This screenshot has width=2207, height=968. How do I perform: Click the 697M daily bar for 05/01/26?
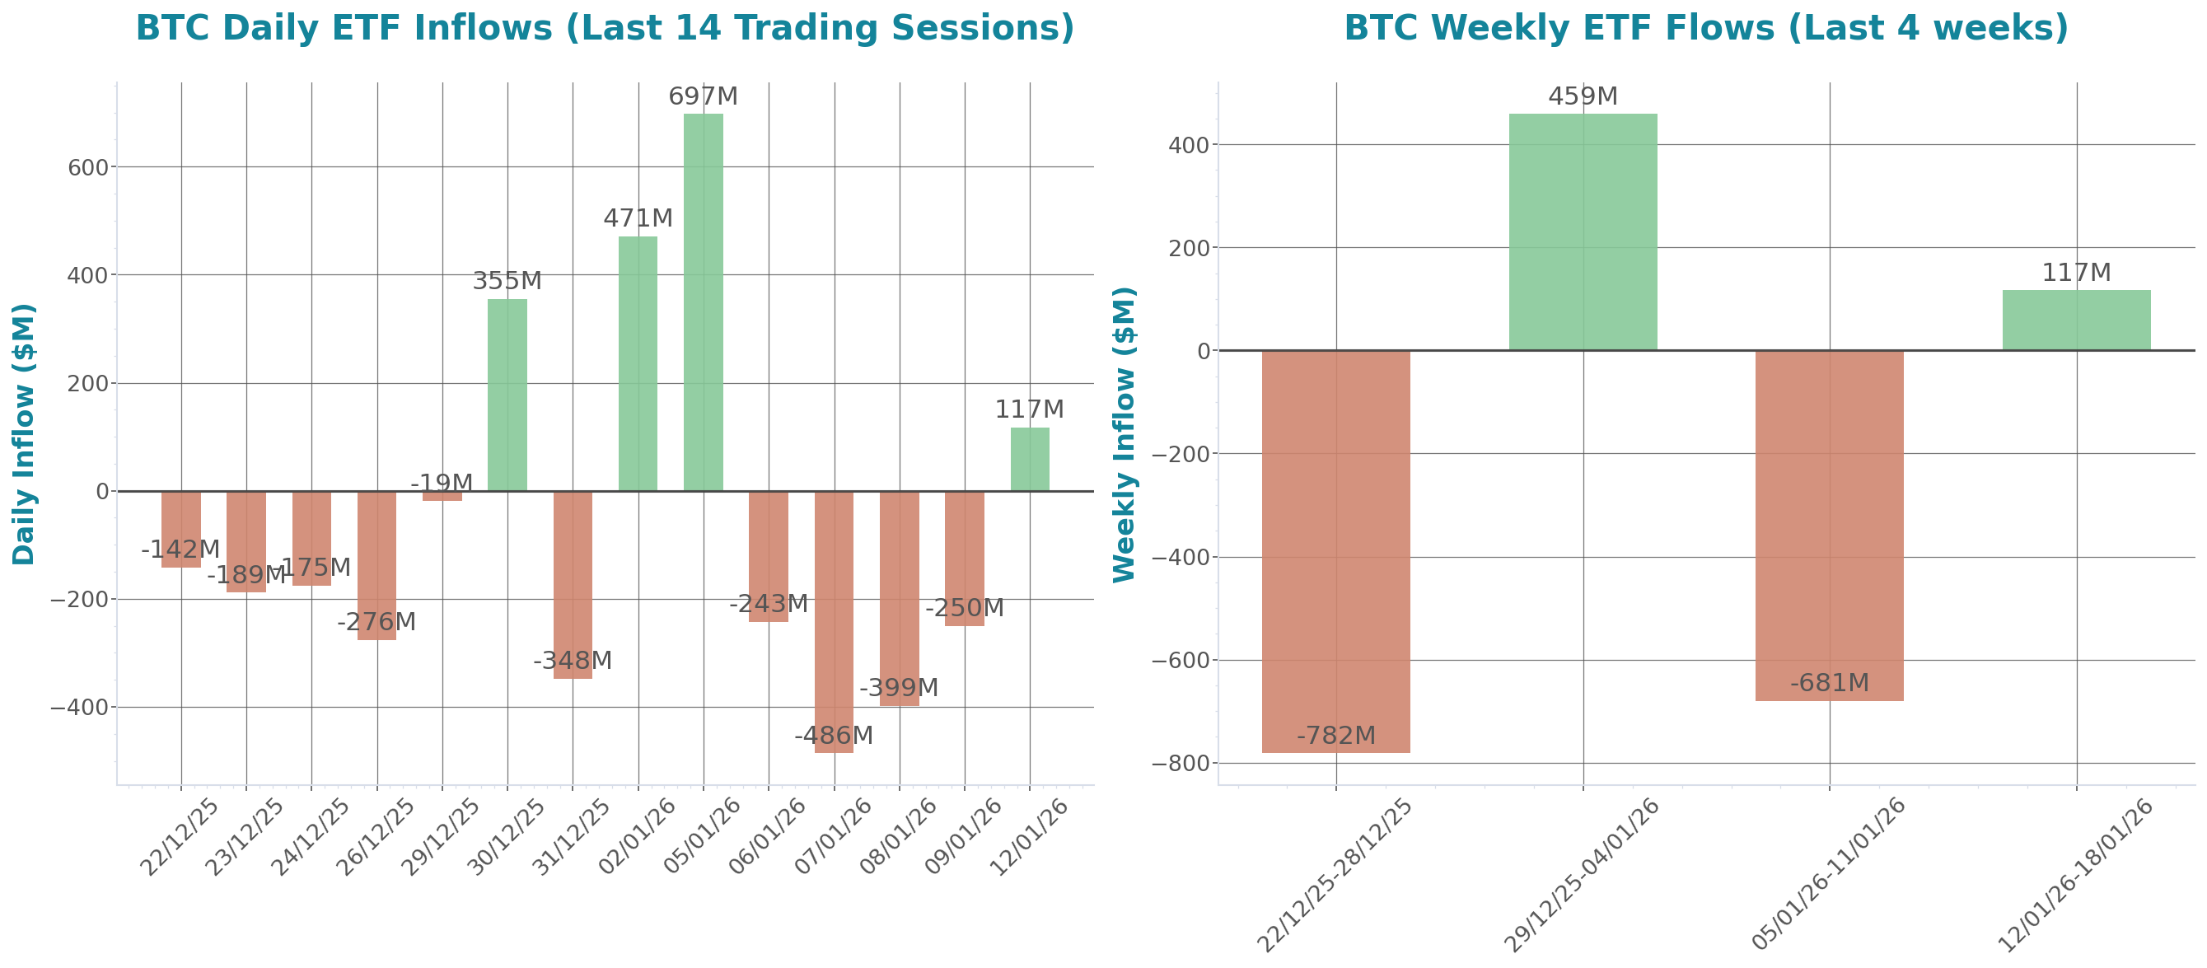(x=703, y=302)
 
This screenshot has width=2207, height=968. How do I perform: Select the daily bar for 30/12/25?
(x=507, y=395)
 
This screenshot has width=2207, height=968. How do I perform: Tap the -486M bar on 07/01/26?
(x=834, y=621)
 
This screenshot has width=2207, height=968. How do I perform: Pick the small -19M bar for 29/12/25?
(x=442, y=496)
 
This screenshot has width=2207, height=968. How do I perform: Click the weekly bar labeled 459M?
(x=1583, y=231)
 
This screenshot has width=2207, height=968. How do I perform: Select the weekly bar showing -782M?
(x=1335, y=551)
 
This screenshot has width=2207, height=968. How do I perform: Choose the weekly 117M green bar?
(x=2076, y=320)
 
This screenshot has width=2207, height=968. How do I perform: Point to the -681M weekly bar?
(x=1829, y=525)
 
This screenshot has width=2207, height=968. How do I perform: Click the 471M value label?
(x=638, y=218)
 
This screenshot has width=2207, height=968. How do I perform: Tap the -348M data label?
(x=573, y=661)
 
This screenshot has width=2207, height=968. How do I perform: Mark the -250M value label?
(x=964, y=608)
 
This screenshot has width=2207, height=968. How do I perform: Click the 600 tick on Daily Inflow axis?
(x=88, y=168)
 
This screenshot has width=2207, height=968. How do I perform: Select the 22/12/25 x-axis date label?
(x=179, y=837)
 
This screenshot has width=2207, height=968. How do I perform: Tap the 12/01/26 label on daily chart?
(x=1028, y=837)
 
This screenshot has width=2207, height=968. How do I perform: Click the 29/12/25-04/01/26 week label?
(x=1582, y=874)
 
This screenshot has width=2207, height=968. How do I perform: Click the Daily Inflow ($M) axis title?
(x=24, y=433)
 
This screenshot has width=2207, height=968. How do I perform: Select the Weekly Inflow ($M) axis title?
(x=1124, y=433)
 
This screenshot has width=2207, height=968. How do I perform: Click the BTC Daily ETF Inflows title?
(x=605, y=27)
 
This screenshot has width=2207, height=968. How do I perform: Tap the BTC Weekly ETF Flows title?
(x=1706, y=27)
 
